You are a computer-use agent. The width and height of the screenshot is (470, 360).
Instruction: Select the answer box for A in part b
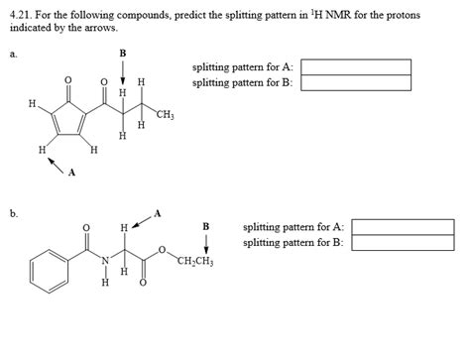[x=403, y=227]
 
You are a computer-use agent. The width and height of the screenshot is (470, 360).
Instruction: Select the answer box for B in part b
[x=403, y=243]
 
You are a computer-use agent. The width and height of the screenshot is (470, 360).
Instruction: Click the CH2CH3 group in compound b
[x=198, y=262]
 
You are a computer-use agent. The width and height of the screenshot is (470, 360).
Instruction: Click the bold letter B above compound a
[x=122, y=54]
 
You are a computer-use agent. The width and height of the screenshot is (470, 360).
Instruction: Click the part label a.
[x=13, y=57]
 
